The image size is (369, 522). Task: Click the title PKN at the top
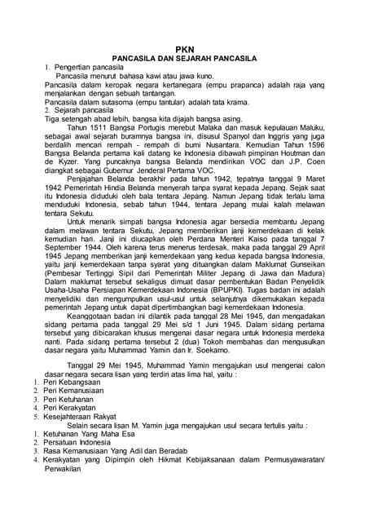(184, 49)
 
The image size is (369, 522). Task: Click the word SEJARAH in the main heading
(209, 59)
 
